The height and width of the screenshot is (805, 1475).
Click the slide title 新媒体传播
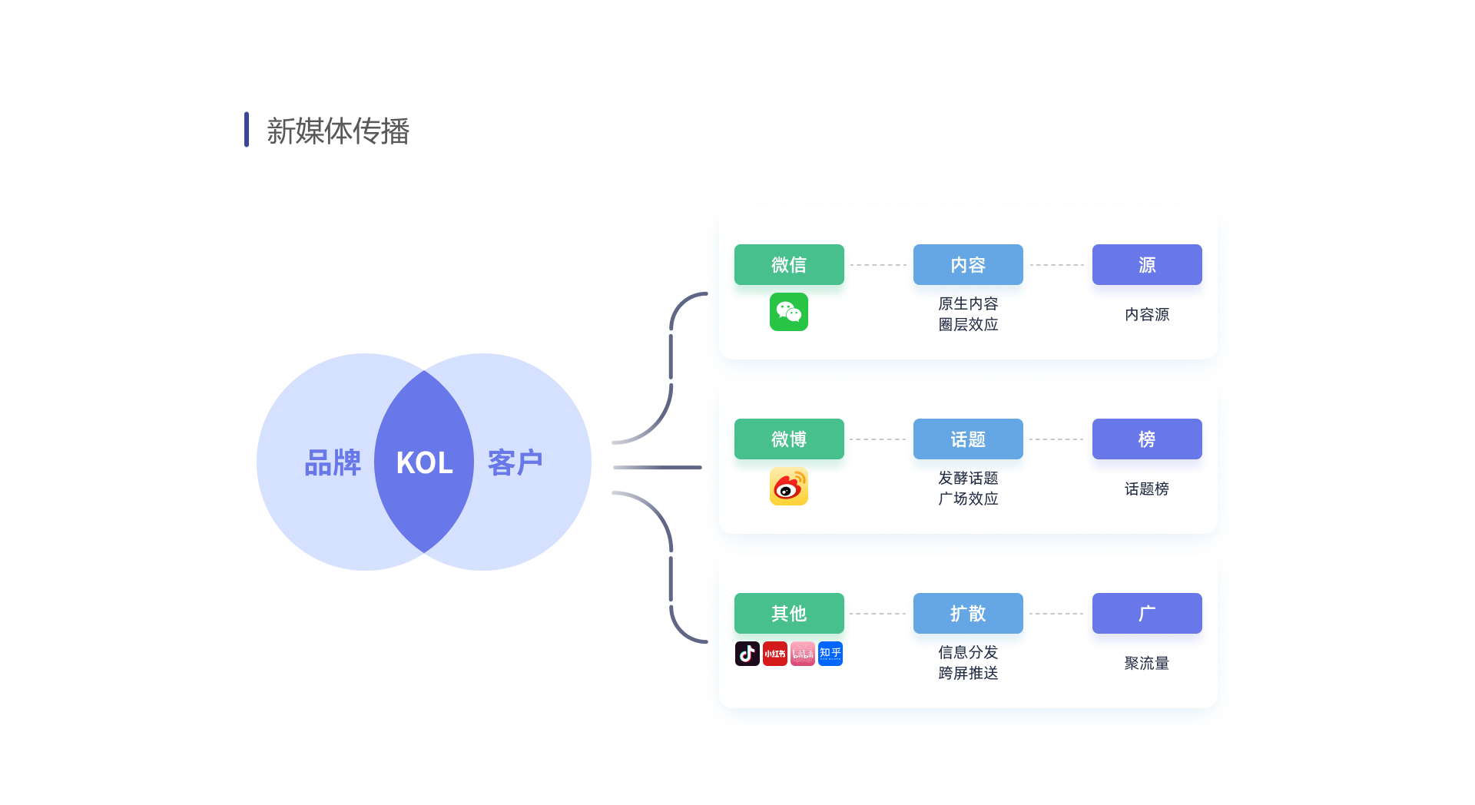pyautogui.click(x=337, y=131)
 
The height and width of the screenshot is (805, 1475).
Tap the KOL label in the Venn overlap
pyautogui.click(x=424, y=462)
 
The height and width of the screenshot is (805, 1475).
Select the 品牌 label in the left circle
pyautogui.click(x=333, y=462)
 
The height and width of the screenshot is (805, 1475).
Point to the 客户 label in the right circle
pyautogui.click(x=515, y=462)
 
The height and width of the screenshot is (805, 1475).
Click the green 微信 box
pyautogui.click(x=789, y=265)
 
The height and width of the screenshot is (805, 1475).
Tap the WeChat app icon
pyautogui.click(x=789, y=312)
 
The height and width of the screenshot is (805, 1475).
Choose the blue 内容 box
pyautogui.click(x=968, y=265)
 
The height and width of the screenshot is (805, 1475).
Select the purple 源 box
pyautogui.click(x=1147, y=265)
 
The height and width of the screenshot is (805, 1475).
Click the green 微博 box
pyautogui.click(x=789, y=439)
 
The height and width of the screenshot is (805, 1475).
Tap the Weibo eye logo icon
pyautogui.click(x=789, y=486)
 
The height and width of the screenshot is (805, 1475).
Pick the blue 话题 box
pyautogui.click(x=968, y=439)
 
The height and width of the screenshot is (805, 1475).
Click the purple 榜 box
pyautogui.click(x=1147, y=439)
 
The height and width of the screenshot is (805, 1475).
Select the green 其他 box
pyautogui.click(x=789, y=614)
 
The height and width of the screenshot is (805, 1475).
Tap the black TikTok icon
pyautogui.click(x=747, y=654)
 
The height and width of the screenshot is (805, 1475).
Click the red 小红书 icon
pyautogui.click(x=775, y=654)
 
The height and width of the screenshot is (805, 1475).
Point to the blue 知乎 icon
pyautogui.click(x=830, y=654)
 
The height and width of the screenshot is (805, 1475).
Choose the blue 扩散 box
pyautogui.click(x=968, y=614)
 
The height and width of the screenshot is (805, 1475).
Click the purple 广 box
pyautogui.click(x=1147, y=614)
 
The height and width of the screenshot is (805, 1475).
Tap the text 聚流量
pyautogui.click(x=1147, y=663)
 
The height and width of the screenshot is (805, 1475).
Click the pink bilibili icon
pyautogui.click(x=803, y=654)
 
